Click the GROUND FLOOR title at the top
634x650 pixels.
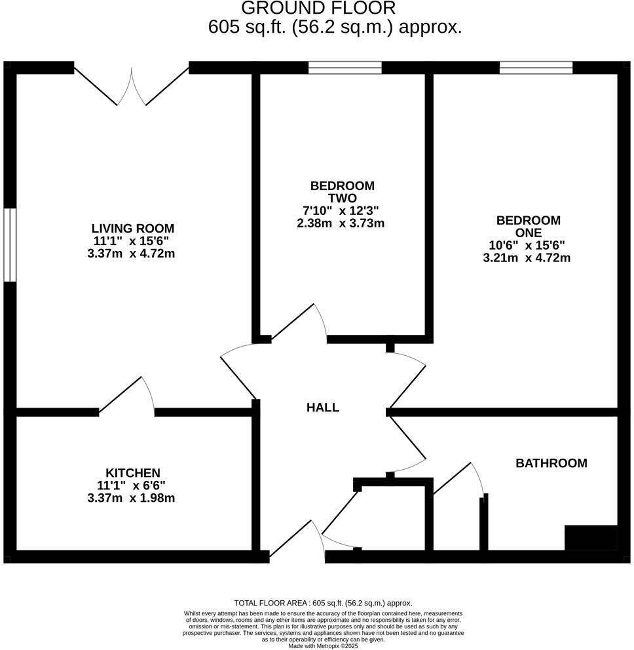[x=318, y=9]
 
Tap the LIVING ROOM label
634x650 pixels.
[x=133, y=229]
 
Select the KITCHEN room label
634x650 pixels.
[x=133, y=472]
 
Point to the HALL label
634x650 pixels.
[x=323, y=408]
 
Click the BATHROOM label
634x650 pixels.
[x=551, y=463]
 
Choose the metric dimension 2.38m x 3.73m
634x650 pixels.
[x=341, y=223]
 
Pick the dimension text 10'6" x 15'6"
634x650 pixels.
[x=527, y=245]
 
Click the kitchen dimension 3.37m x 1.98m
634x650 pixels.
[x=131, y=498]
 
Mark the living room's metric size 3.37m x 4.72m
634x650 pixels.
[x=131, y=254]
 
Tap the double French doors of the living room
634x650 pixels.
[x=132, y=86]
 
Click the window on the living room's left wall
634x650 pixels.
[x=9, y=245]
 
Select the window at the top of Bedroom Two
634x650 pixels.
[x=345, y=67]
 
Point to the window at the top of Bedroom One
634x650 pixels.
[x=536, y=67]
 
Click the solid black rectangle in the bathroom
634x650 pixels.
[x=591, y=537]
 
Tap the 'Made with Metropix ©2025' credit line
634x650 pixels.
[x=323, y=645]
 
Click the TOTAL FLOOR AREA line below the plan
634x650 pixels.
[x=323, y=603]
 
